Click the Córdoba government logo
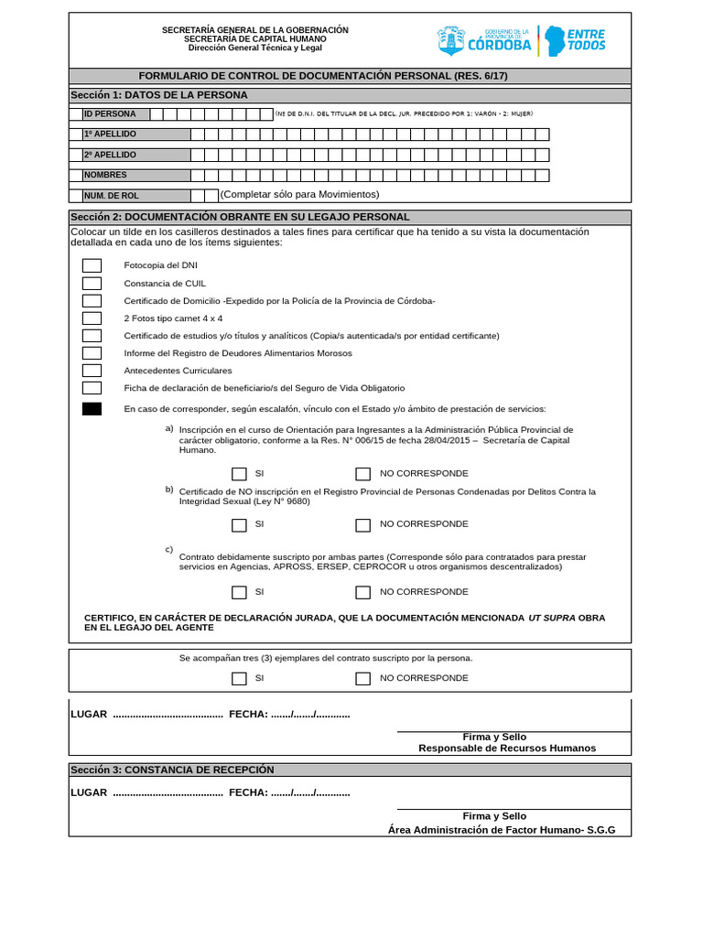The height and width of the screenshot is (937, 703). [x=484, y=40]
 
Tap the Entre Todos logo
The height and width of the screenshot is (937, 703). [x=576, y=40]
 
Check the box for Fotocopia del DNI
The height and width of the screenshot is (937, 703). [x=92, y=265]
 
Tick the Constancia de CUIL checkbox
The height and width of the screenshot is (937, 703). [x=92, y=283]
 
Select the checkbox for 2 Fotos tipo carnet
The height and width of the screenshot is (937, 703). [x=92, y=318]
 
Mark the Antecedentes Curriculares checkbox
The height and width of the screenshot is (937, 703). [x=92, y=371]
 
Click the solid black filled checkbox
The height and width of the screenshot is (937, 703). [x=92, y=409]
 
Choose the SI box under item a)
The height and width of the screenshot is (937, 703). [x=239, y=474]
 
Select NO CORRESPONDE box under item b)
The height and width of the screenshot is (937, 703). [x=362, y=525]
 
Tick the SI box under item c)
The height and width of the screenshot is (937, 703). [x=239, y=592]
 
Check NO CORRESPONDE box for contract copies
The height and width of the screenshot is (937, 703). [x=362, y=679]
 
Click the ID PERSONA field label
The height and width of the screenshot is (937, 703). [x=110, y=114]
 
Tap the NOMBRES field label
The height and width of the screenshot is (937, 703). [x=106, y=175]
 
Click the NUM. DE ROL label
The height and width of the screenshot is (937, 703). [x=112, y=196]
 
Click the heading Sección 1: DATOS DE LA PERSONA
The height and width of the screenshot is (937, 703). [x=159, y=95]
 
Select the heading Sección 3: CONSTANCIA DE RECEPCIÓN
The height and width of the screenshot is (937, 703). [x=172, y=770]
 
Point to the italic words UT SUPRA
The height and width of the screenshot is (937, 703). [x=552, y=618]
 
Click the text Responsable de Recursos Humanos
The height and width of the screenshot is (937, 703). [x=507, y=749]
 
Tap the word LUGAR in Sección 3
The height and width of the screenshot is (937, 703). [x=89, y=792]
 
